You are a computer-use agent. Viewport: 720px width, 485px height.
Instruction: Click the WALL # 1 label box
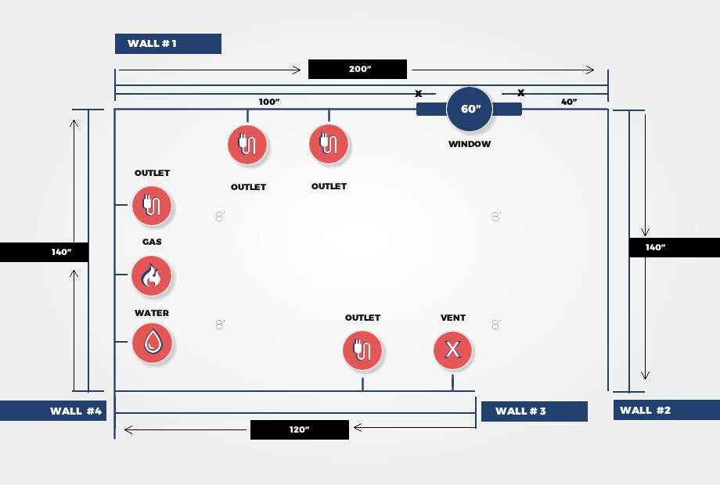point(168,44)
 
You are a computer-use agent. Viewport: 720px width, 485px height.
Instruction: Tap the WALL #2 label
point(667,410)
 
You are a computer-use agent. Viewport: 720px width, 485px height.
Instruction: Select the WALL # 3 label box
point(534,411)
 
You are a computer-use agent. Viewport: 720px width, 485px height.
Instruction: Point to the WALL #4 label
point(53,411)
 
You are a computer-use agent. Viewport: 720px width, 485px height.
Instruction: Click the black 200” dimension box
point(357,70)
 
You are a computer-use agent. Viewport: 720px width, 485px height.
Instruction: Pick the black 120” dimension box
point(300,430)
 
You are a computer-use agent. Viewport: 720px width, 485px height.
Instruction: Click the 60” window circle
point(470,110)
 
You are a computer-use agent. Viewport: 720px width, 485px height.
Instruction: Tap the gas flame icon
point(152,276)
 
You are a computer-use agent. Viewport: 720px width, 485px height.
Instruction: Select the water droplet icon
point(152,343)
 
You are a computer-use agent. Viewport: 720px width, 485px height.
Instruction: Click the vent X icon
point(453,350)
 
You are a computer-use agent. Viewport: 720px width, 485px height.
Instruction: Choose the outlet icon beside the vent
point(362,350)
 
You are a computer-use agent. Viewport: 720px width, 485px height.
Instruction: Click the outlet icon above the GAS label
point(152,206)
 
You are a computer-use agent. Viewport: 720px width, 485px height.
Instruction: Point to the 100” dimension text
point(269,102)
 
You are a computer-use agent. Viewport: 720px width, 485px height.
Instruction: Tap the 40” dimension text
point(569,102)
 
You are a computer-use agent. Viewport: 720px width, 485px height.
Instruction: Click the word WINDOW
point(470,144)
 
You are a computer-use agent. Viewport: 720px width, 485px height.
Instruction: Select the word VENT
point(453,318)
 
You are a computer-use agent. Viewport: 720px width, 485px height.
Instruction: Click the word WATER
point(152,313)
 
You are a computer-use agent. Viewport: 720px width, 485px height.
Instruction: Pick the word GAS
point(152,242)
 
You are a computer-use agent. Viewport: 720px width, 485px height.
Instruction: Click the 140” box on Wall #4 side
point(44,253)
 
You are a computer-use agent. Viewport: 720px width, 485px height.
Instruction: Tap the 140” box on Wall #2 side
point(675,247)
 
